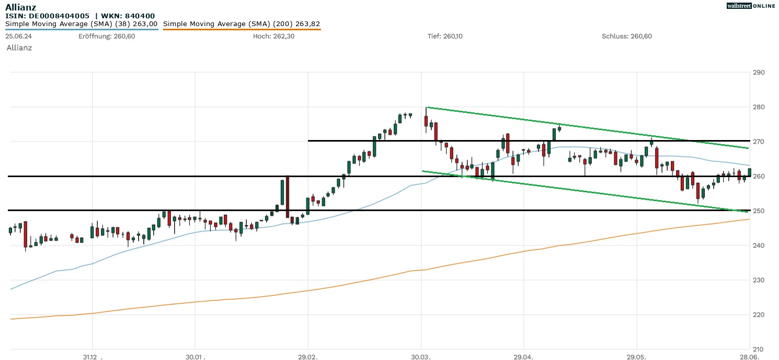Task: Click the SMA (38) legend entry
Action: pos(81,24)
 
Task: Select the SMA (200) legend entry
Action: pos(242,24)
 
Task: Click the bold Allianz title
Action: pos(21,7)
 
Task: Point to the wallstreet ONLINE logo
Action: pos(751,6)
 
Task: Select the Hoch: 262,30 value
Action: pos(273,36)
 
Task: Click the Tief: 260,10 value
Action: pos(444,36)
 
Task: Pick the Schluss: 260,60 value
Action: pos(626,36)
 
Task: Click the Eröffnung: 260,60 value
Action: pos(107,36)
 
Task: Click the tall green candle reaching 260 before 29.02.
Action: pos(282,192)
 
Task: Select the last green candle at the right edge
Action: pos(750,172)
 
